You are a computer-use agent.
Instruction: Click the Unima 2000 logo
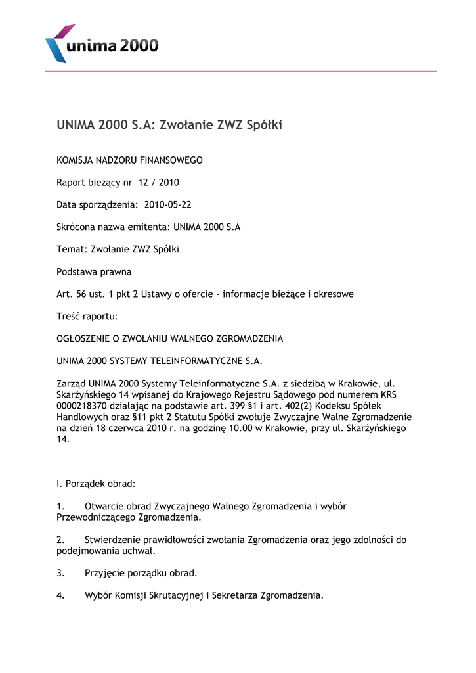click(x=101, y=43)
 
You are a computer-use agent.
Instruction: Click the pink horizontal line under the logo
click(x=240, y=71)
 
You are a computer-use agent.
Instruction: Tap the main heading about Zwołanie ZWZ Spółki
click(x=169, y=124)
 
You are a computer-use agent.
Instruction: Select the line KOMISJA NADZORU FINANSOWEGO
click(x=129, y=160)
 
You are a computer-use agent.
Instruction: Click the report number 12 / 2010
click(x=159, y=183)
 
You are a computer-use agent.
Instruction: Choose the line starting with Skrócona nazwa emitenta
click(x=148, y=227)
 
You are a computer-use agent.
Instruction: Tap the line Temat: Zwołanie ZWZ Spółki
click(x=118, y=250)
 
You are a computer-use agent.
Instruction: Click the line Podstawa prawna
click(x=94, y=272)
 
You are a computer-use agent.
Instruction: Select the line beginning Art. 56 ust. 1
click(x=205, y=294)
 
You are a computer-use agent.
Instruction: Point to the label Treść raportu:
click(x=87, y=317)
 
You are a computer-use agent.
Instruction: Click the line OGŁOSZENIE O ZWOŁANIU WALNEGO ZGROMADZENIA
click(x=169, y=339)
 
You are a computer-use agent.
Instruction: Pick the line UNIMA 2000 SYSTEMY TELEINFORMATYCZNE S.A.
click(x=159, y=361)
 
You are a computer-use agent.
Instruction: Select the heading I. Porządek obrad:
click(x=96, y=484)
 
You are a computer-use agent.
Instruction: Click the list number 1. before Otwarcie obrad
click(x=60, y=507)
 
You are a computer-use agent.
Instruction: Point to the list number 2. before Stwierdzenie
click(x=60, y=540)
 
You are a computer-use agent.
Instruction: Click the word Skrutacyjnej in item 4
click(x=178, y=596)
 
